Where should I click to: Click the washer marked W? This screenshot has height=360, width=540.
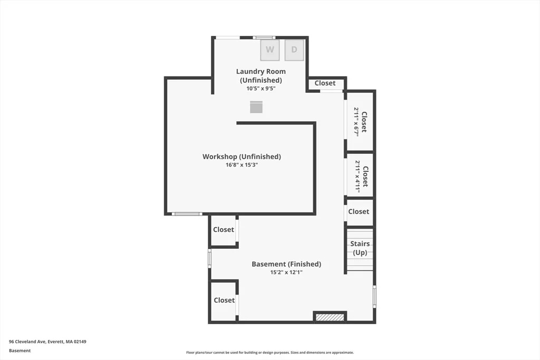(x=269, y=50)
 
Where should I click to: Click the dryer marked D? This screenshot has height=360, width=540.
(x=294, y=50)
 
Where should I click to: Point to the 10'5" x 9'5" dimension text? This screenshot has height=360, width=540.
(x=261, y=89)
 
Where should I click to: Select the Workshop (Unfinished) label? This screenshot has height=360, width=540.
(x=242, y=157)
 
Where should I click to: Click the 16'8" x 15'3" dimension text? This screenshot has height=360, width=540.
(x=242, y=165)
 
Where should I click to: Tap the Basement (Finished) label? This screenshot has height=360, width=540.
(x=286, y=264)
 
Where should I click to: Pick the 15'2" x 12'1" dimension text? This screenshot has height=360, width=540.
(x=286, y=272)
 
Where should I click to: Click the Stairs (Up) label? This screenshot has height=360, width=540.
(x=360, y=248)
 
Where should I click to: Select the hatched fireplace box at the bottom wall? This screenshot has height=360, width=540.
(x=330, y=317)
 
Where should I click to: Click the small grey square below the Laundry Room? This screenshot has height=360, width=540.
(x=256, y=107)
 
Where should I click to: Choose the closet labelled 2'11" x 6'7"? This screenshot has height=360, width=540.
(x=360, y=121)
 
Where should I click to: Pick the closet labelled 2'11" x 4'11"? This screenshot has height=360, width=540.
(x=360, y=176)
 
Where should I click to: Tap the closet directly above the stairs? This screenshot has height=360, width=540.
(x=359, y=212)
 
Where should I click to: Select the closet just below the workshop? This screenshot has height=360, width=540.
(x=224, y=230)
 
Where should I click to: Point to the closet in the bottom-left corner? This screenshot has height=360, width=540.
(x=224, y=300)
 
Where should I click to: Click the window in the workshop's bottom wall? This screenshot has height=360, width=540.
(x=187, y=213)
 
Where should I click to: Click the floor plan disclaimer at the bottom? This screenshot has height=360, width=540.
(x=270, y=353)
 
